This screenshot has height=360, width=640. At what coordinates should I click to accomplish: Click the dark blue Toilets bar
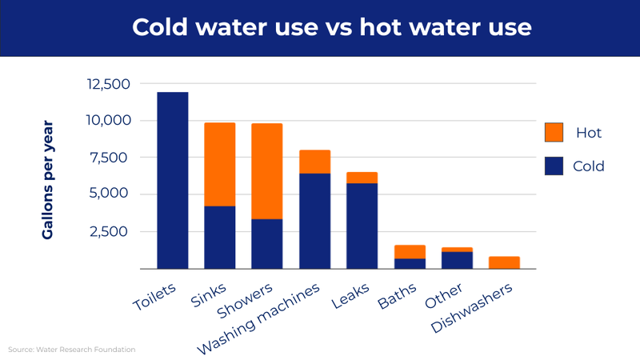(172, 180)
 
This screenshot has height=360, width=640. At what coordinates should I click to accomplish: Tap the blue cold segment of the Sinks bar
(219, 237)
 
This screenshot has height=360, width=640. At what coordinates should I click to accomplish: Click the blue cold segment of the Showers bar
(266, 243)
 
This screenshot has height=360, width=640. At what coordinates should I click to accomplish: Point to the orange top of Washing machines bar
(314, 162)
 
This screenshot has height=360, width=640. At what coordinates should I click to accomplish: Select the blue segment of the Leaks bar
(362, 226)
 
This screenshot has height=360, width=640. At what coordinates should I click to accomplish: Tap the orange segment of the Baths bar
(410, 252)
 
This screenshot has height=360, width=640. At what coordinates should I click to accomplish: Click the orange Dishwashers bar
(504, 262)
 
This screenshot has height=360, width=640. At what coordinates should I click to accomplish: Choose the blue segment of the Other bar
(457, 260)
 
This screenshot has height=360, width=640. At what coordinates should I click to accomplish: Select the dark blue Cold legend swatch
(554, 166)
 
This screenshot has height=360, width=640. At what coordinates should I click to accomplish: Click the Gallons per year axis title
(48, 180)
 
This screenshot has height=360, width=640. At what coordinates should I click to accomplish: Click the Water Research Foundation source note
(72, 350)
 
